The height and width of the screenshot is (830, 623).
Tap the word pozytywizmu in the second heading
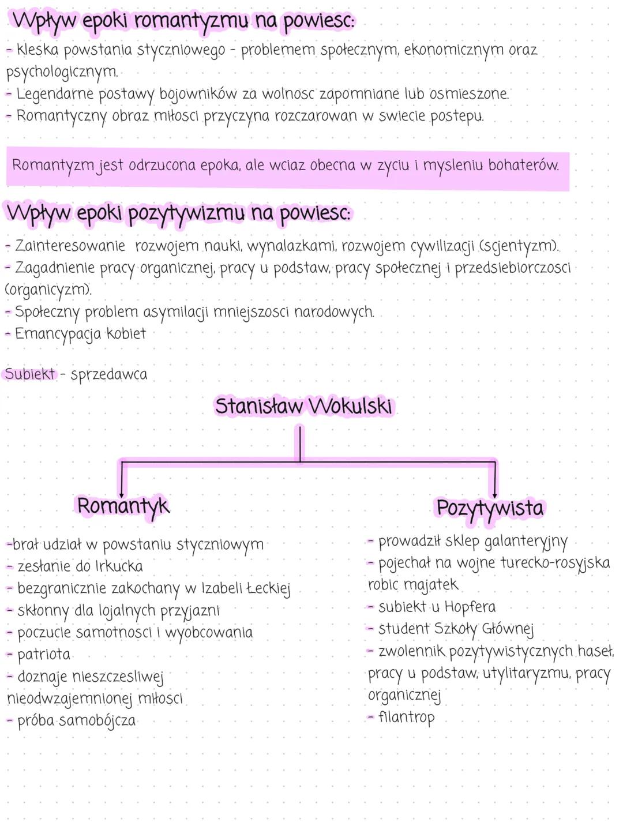click(186, 214)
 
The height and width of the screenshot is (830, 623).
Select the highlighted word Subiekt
click(30, 374)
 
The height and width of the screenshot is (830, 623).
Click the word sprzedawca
click(109, 375)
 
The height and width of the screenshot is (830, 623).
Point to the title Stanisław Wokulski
click(303, 406)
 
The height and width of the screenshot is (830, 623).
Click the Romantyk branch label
click(123, 506)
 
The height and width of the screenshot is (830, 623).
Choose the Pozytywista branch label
click(490, 508)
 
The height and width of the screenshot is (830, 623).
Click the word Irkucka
click(119, 566)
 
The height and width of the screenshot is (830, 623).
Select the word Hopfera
click(470, 607)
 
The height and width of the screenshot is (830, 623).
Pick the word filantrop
click(406, 718)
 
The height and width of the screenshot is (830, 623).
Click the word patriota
click(44, 655)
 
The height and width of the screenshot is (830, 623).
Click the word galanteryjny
click(526, 542)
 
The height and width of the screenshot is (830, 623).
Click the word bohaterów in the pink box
click(523, 166)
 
